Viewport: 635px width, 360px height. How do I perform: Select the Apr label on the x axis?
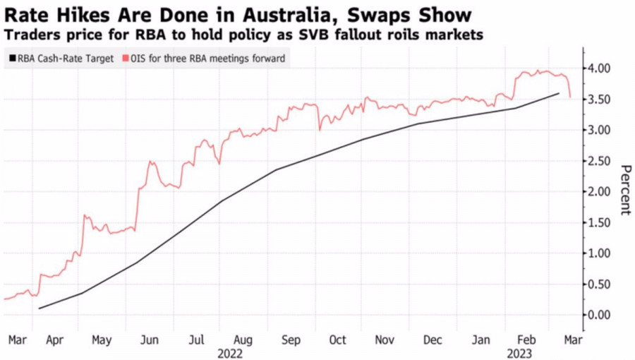tap(54, 340)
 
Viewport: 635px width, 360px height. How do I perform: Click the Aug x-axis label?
tap(243, 340)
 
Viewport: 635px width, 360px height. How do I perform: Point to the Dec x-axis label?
tap(432, 340)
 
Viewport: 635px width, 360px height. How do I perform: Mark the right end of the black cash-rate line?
tap(559, 93)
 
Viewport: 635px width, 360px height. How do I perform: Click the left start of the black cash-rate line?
tap(39, 308)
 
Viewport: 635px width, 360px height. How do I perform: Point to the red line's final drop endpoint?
tap(569, 97)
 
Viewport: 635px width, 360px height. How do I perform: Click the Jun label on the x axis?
tap(149, 340)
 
